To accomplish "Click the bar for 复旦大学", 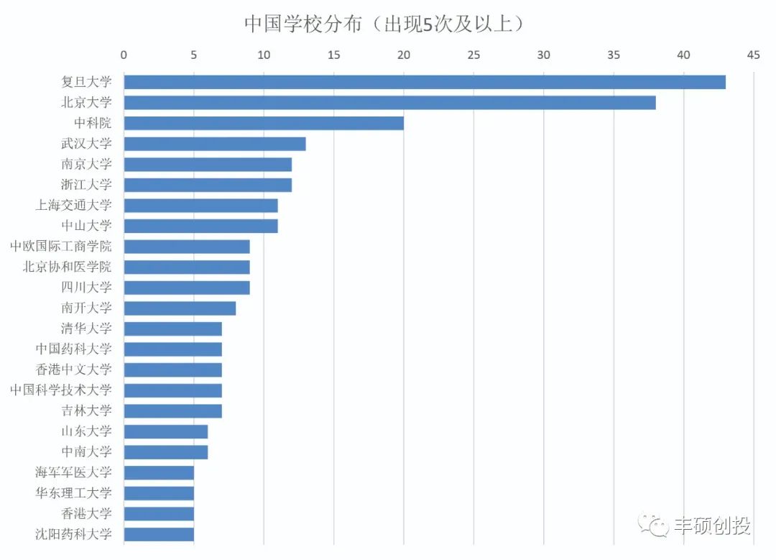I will click(x=424, y=82).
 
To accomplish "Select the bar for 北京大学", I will click(x=389, y=103).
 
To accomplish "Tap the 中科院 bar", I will click(x=264, y=123).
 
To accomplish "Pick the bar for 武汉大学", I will click(x=215, y=144).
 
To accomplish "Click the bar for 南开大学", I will click(x=180, y=308).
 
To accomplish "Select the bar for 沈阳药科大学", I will click(x=159, y=534).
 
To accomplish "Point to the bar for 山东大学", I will click(x=166, y=431).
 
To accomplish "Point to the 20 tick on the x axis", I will click(x=404, y=55).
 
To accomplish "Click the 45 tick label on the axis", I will click(x=753, y=55).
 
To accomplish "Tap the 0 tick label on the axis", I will click(x=124, y=55).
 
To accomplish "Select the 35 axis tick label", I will click(x=613, y=55).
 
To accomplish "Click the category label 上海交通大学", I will click(x=74, y=206).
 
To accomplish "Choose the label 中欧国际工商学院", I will click(x=61, y=247).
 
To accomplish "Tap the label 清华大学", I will click(x=86, y=329).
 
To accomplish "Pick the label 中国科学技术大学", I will click(x=61, y=390).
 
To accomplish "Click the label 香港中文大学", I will click(x=74, y=369).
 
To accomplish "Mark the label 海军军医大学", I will click(x=74, y=472).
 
